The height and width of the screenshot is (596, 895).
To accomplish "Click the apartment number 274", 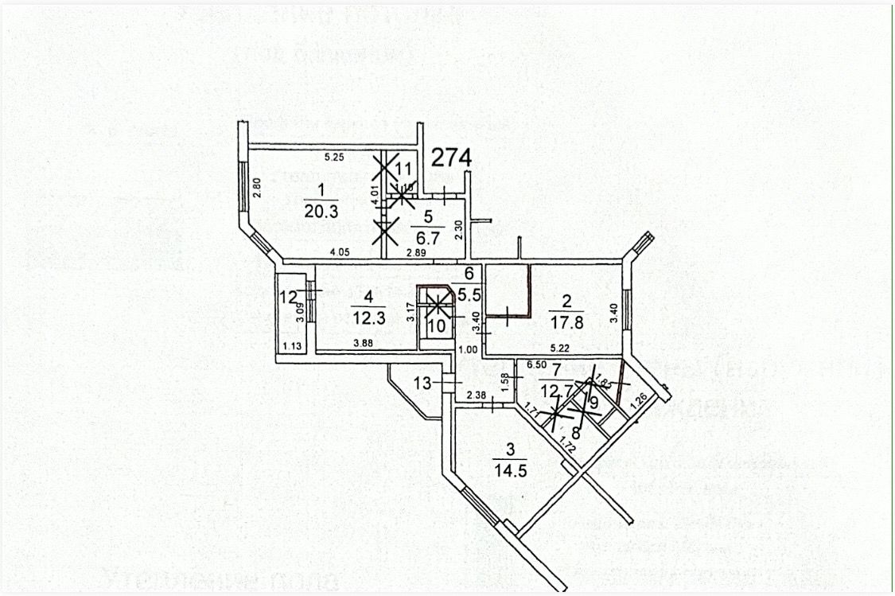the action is [x=452, y=158].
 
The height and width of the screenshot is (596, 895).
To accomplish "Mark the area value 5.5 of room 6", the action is [x=469, y=292].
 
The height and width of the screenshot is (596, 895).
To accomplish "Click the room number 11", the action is [x=405, y=169].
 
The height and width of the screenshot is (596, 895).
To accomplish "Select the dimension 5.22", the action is [x=562, y=348].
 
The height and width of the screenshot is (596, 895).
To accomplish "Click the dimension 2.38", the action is [x=477, y=395].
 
